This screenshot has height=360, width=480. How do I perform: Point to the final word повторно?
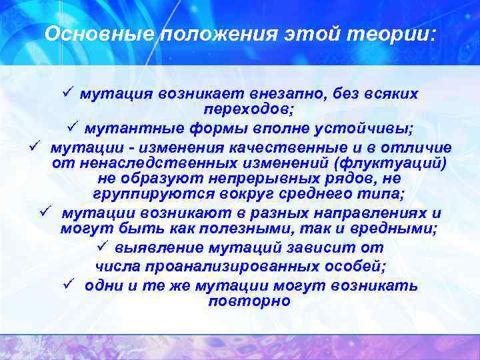[x=249, y=301]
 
